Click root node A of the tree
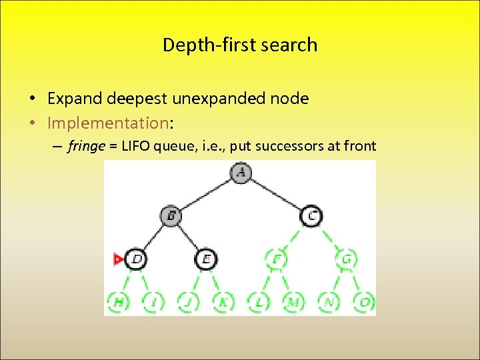coord(241,173)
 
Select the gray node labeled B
coord(171,215)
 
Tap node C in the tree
coord(311,215)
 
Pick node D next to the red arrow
coord(136,259)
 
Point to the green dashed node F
coord(276,259)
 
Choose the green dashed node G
coord(347,259)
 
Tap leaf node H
coord(119,301)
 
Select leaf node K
coord(223,301)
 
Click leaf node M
coord(293,301)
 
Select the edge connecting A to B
coord(206,194)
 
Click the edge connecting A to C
coord(276,194)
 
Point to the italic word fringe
coord(86,147)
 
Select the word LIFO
coord(136,147)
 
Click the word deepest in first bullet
coord(136,99)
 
